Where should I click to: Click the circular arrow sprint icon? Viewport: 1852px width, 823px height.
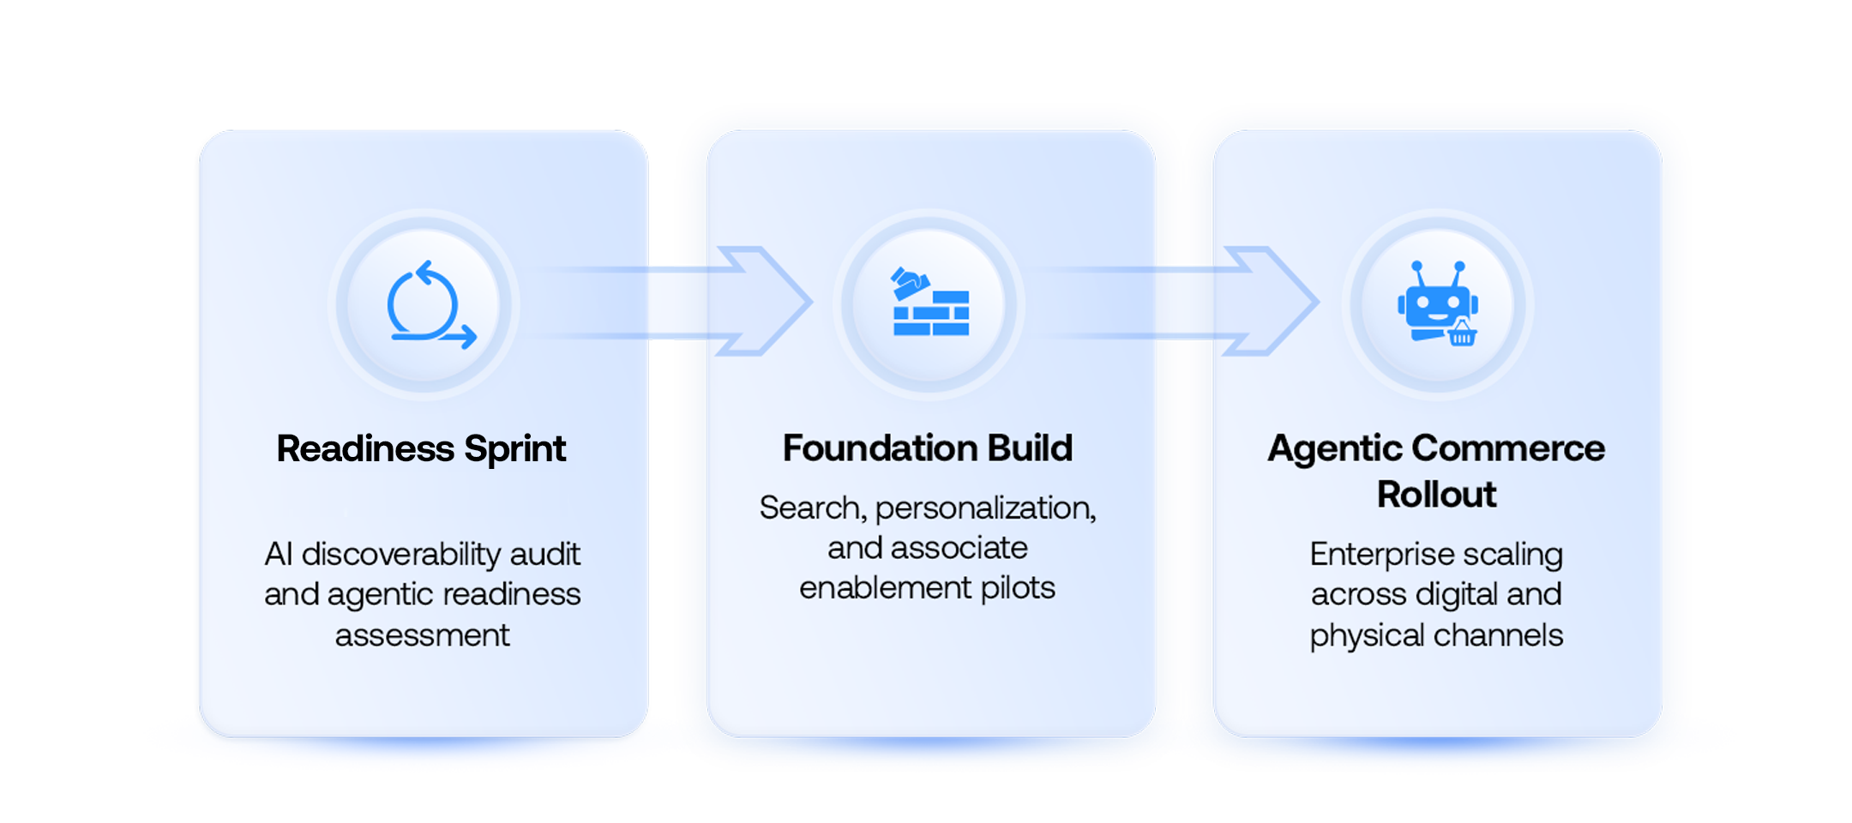[x=425, y=305]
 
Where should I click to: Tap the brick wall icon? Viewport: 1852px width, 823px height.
[x=930, y=303]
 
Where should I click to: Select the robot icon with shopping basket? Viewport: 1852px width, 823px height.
[x=1437, y=303]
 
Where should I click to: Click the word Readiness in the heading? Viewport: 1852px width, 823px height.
[x=365, y=449]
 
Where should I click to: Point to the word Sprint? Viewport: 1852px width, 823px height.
[x=515, y=449]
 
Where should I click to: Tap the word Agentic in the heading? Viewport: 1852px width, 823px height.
[x=1335, y=448]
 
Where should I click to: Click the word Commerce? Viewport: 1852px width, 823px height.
[x=1508, y=448]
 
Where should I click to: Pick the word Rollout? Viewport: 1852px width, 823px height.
[x=1436, y=495]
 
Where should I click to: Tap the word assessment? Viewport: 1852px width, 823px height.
[x=422, y=635]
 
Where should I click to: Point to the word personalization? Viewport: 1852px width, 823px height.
[x=985, y=508]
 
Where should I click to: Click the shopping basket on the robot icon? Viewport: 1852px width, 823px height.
[x=1462, y=333]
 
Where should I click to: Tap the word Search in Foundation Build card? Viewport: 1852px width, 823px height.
[x=811, y=508]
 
